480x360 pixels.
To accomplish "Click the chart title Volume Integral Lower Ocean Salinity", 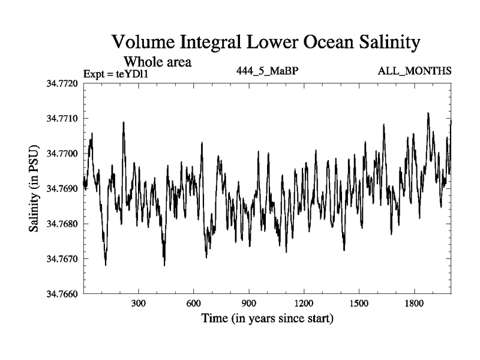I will click(265, 43).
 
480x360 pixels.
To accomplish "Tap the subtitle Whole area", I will click(158, 62).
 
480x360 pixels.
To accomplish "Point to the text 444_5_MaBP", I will click(268, 71).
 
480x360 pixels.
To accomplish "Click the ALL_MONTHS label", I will click(415, 71).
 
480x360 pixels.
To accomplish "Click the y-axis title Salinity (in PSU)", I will click(34, 189).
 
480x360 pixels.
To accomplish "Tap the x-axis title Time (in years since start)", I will click(268, 318).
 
